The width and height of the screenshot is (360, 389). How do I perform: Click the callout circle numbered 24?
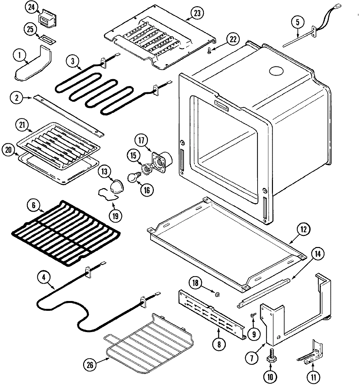pos(32,8)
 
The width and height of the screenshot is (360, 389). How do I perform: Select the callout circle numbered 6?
pos(34,205)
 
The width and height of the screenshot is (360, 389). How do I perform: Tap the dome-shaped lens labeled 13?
pos(116,186)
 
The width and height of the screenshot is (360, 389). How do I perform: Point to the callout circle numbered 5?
pos(297,22)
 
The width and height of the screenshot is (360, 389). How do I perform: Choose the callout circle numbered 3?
pos(73,61)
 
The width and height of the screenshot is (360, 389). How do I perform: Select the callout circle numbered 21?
pos(22,125)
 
